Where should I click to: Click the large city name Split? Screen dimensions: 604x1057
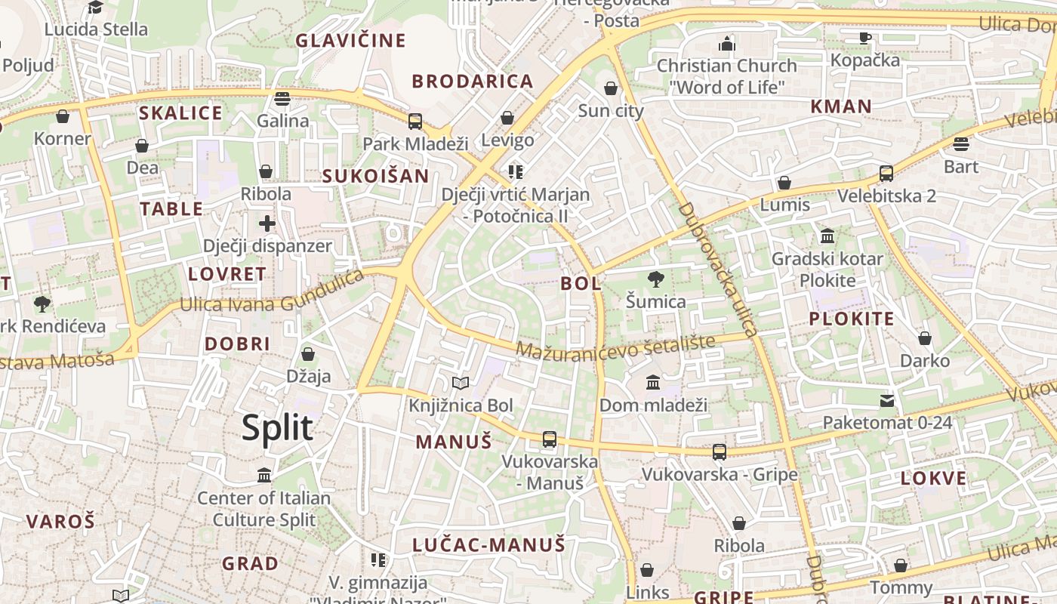[277, 428]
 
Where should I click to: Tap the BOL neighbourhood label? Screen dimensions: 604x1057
[581, 284]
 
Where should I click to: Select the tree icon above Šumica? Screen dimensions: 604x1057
[656, 280]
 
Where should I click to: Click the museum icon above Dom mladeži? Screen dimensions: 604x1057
[653, 383]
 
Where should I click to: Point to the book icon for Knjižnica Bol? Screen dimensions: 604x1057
[461, 384]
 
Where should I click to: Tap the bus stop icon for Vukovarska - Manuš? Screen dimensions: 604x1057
[550, 439]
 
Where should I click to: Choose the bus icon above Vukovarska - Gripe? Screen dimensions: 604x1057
[720, 452]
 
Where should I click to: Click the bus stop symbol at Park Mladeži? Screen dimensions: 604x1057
[414, 122]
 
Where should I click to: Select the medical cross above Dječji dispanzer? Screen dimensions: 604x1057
[267, 223]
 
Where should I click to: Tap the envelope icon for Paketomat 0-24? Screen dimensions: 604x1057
[887, 401]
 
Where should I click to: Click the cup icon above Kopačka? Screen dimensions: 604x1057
[865, 38]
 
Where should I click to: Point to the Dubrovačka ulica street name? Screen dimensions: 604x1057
[717, 269]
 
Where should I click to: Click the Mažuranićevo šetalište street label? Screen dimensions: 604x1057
[615, 347]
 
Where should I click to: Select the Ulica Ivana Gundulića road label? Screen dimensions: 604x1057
[272, 294]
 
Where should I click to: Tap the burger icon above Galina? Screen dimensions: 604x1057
[282, 98]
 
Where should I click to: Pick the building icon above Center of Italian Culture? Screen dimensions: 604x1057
[264, 476]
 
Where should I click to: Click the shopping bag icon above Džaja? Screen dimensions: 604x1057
[308, 353]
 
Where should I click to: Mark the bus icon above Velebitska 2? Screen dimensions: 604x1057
[886, 174]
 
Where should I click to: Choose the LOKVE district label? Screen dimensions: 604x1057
[933, 478]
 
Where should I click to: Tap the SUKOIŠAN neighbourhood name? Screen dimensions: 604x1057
[375, 177]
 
